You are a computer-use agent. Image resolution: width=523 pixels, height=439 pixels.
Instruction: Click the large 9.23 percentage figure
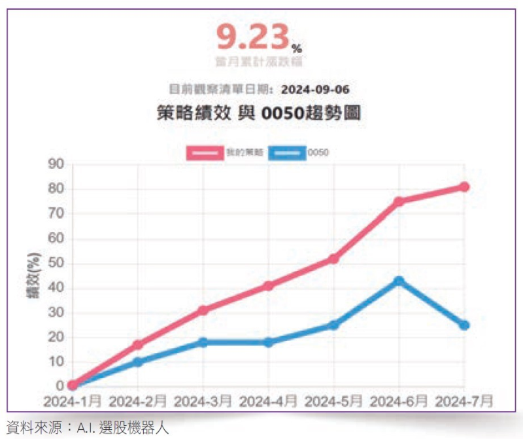(254, 39)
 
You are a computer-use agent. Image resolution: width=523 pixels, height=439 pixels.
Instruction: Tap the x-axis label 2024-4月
(268, 400)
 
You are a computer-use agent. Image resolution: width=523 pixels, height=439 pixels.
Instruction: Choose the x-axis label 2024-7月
(464, 400)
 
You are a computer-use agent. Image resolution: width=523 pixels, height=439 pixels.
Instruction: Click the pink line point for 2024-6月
(399, 202)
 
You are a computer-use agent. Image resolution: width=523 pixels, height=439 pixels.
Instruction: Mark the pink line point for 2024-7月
(464, 186)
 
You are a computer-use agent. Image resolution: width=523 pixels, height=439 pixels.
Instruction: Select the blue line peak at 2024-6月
(399, 281)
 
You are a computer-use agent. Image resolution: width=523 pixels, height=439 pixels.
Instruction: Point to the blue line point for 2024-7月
(464, 325)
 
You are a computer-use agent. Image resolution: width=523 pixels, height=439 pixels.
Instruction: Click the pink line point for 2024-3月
(203, 310)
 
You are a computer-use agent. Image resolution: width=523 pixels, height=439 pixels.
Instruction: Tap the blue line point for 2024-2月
(137, 362)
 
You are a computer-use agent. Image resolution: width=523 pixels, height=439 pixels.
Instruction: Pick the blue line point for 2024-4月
(268, 342)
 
